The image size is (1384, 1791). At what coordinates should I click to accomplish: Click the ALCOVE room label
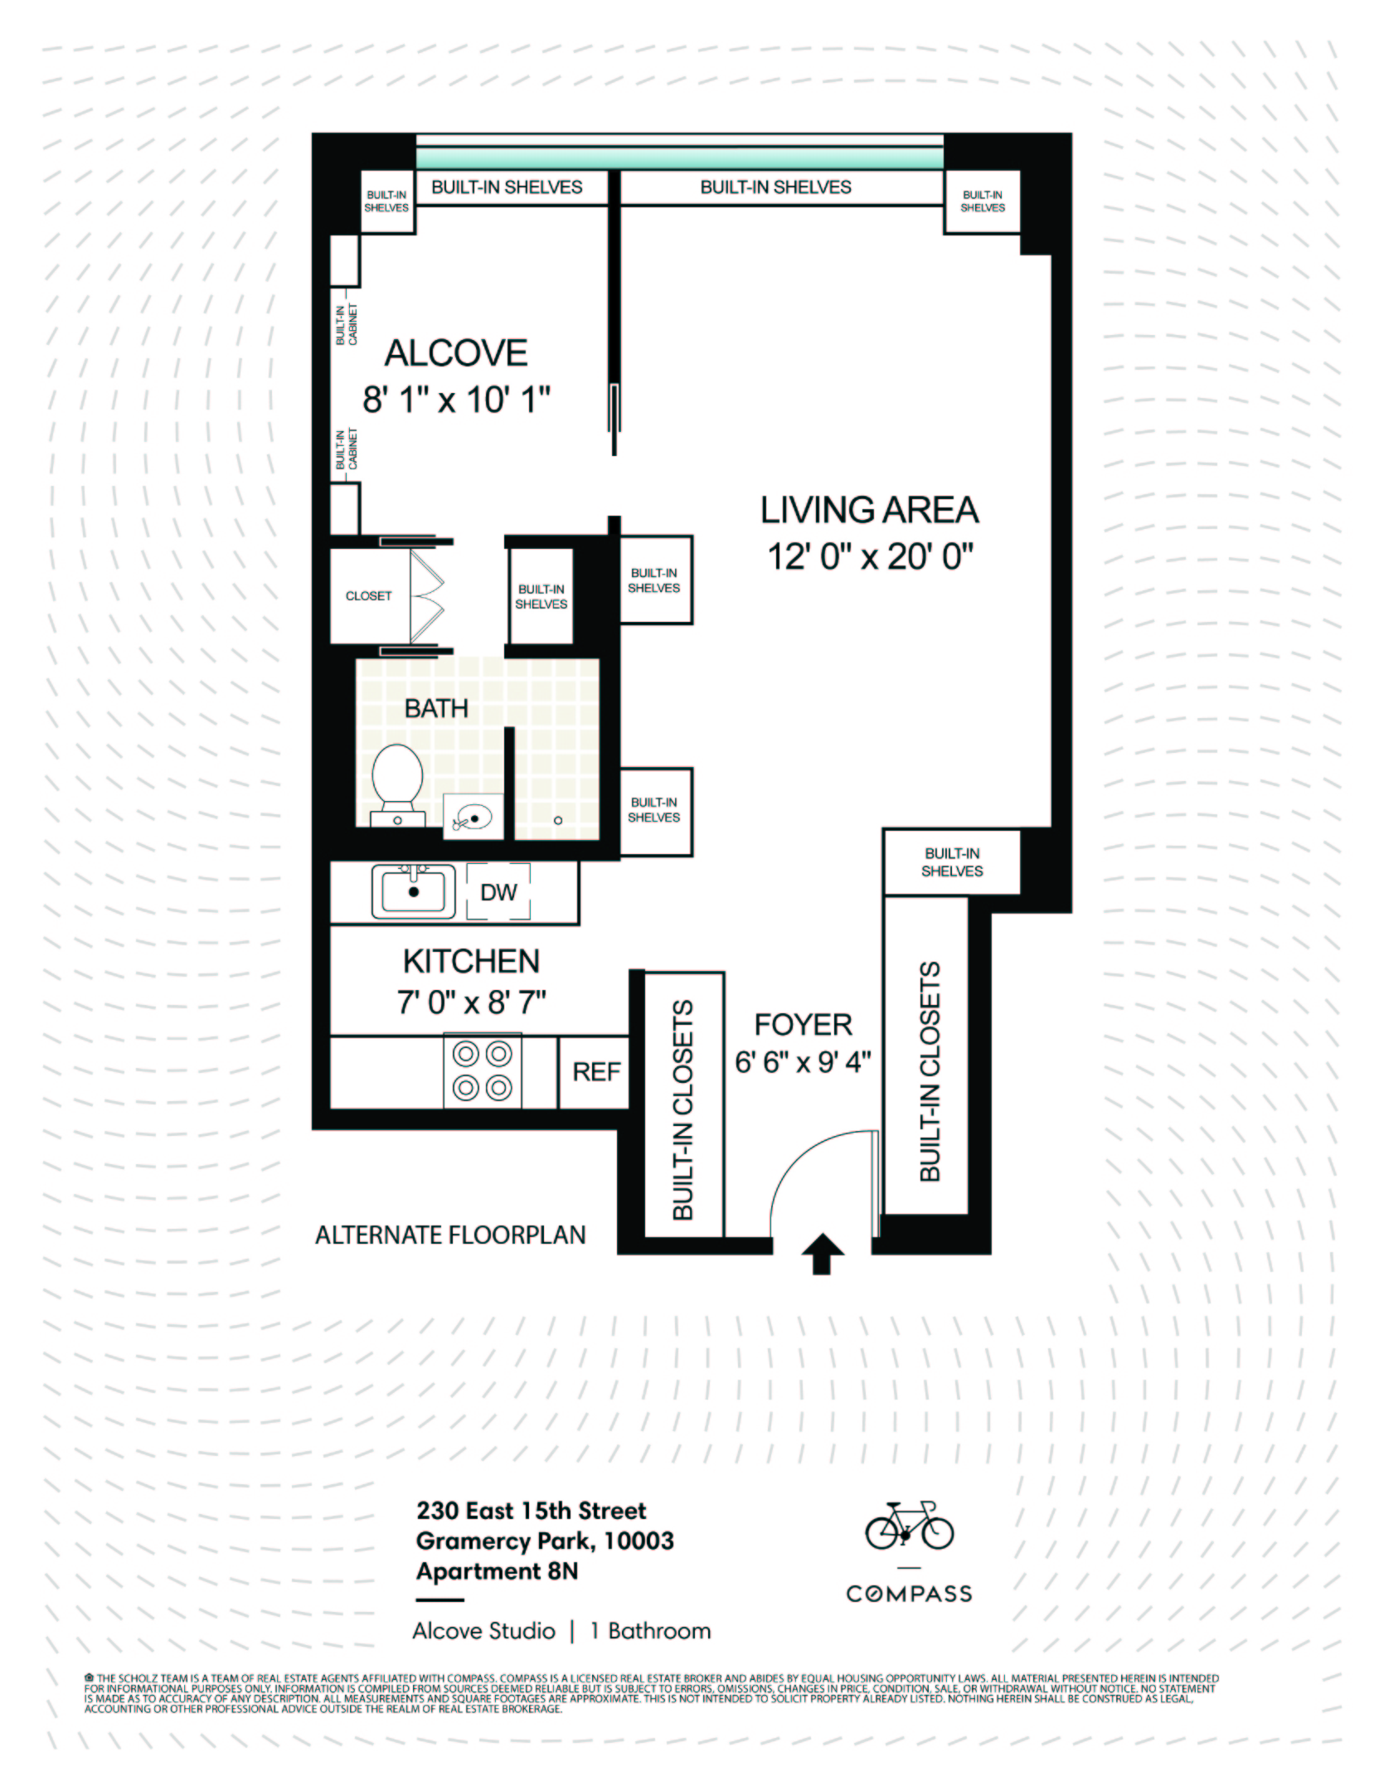(455, 354)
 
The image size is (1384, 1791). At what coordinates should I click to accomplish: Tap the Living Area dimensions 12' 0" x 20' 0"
(869, 557)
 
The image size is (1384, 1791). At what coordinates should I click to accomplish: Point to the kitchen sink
(413, 891)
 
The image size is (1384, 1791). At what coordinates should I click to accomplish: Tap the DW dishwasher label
(498, 892)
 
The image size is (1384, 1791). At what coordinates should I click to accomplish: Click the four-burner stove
(482, 1070)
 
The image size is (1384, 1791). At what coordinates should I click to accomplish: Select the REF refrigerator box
(595, 1071)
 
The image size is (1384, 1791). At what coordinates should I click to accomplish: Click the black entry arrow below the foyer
(822, 1254)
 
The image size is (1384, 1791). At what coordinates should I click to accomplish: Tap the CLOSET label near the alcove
(368, 596)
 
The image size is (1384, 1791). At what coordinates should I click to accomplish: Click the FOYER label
(803, 1025)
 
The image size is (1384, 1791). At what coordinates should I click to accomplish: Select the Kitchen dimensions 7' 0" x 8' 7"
(471, 1003)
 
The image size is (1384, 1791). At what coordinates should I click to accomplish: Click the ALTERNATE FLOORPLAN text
(450, 1235)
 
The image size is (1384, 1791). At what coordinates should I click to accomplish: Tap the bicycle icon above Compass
(909, 1526)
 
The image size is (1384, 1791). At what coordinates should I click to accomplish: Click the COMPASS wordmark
(909, 1594)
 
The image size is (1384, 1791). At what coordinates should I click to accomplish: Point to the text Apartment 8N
(497, 1571)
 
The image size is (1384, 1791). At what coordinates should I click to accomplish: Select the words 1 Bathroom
(650, 1631)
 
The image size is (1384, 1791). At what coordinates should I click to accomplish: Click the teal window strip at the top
(679, 158)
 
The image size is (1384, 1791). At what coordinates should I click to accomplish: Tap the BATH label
(436, 709)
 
